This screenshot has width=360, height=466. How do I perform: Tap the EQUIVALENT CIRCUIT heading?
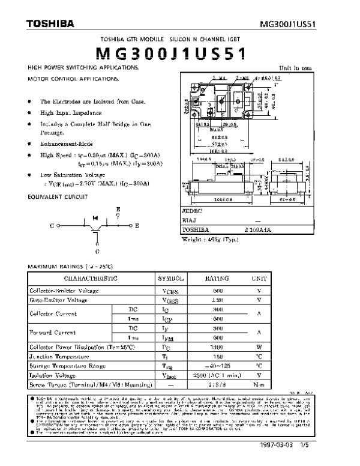[x=56, y=196]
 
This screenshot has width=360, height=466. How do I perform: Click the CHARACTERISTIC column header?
[x=91, y=279]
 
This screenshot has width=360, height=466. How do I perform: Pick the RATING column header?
[x=217, y=279]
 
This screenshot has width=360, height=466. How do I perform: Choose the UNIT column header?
[x=259, y=279]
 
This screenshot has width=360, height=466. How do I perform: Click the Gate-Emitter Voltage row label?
[x=58, y=299]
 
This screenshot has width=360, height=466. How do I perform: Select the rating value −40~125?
[x=217, y=365]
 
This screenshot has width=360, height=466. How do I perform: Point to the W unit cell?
[x=259, y=347]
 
